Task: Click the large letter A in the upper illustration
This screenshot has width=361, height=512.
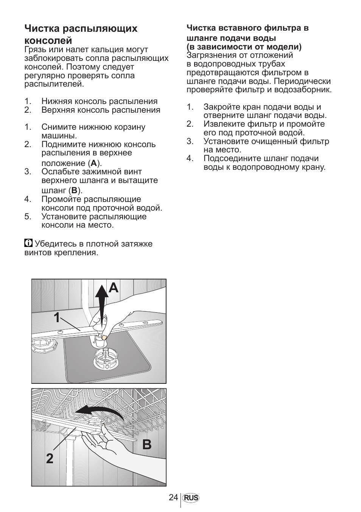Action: [114, 288]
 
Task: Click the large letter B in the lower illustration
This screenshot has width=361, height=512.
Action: [147, 445]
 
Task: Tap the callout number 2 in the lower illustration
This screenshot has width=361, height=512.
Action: [50, 459]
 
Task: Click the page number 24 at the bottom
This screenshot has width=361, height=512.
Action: [174, 498]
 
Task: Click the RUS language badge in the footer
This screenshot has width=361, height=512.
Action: [191, 498]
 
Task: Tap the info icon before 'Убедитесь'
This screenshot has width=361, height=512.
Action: [28, 243]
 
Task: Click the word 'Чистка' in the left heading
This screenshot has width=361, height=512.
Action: [42, 29]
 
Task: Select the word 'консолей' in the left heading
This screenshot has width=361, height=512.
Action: [48, 40]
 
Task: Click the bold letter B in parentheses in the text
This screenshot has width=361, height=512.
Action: [75, 191]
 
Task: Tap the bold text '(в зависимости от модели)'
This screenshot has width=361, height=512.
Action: [244, 47]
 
